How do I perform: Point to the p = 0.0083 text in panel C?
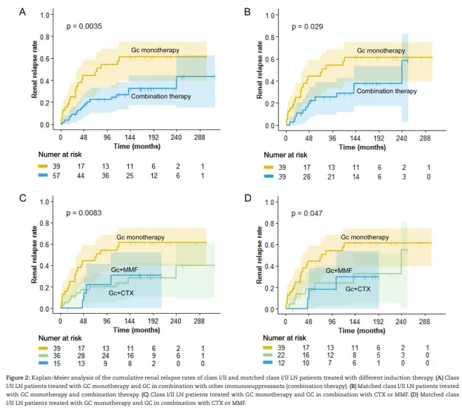click(x=84, y=211)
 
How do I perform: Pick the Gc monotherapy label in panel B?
click(x=380, y=51)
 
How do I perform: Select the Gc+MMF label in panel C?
click(x=123, y=269)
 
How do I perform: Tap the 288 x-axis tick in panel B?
click(x=425, y=139)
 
